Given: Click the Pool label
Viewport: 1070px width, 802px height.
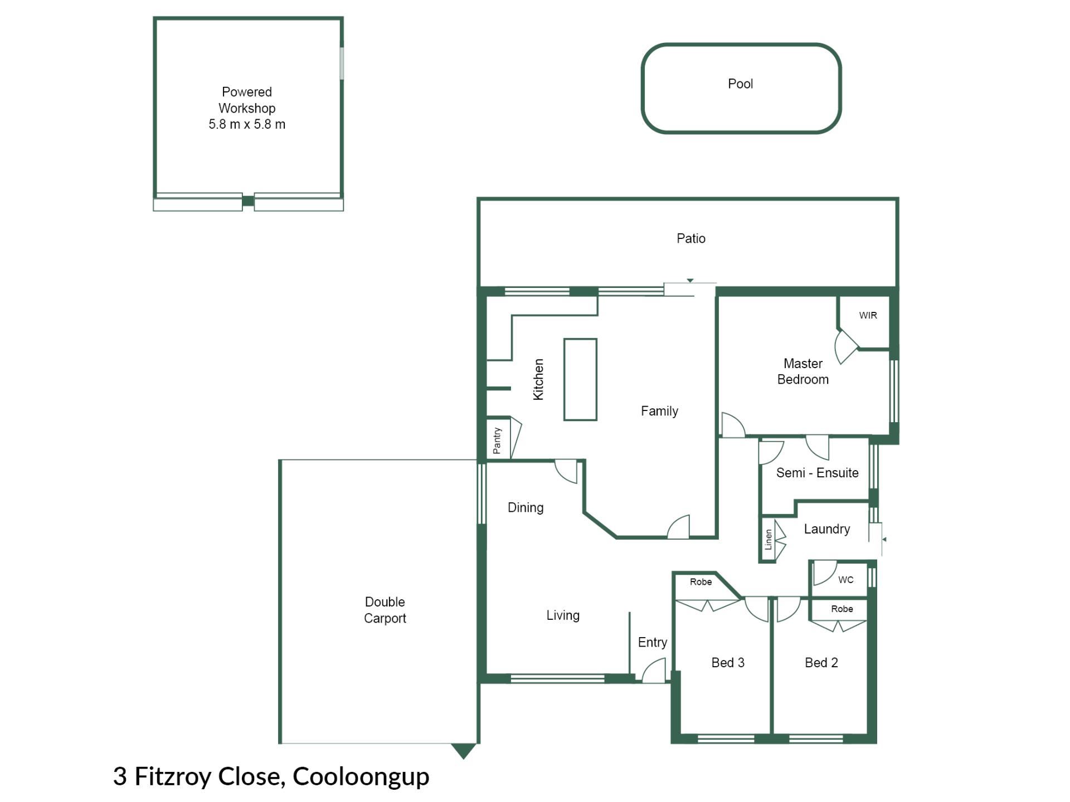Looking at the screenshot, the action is click(x=740, y=84).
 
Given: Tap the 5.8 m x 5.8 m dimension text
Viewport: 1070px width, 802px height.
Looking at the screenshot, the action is click(x=247, y=124).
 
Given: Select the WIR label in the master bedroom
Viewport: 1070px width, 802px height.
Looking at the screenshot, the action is click(x=868, y=315).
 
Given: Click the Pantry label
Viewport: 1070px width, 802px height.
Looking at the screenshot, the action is click(x=497, y=441).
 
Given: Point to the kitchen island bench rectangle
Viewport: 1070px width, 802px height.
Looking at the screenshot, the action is click(x=580, y=379).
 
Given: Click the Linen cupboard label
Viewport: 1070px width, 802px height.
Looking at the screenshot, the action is click(x=769, y=540).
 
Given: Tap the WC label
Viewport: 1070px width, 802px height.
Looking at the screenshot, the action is click(x=845, y=580).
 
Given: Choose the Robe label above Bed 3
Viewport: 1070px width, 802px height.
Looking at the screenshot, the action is click(x=701, y=582).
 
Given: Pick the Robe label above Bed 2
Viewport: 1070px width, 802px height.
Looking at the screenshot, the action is click(x=842, y=609).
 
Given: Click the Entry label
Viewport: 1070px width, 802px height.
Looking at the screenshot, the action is click(x=652, y=643).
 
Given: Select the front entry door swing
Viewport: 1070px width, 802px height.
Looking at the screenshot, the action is click(x=654, y=670).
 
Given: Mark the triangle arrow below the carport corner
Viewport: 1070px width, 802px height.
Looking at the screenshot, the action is click(x=463, y=751).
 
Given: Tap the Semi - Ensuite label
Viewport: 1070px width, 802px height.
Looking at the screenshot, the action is click(x=817, y=473).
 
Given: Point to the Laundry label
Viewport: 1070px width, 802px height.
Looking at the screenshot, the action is click(x=826, y=529).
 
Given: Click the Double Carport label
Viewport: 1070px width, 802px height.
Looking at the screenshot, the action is click(x=385, y=610).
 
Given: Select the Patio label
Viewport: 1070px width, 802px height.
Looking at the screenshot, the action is click(x=691, y=238).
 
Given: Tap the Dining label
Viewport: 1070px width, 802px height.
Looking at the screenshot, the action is click(x=525, y=508).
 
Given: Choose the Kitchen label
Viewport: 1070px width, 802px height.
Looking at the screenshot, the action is click(x=538, y=379).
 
